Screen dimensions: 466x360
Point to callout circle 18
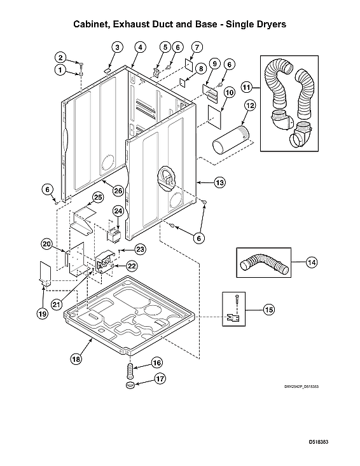tap(76, 359)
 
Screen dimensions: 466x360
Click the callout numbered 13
tap(219, 183)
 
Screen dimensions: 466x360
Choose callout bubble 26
tap(118, 190)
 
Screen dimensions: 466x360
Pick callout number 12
tap(251, 105)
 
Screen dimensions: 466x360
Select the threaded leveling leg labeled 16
tap(131, 368)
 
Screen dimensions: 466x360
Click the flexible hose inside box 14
tap(263, 262)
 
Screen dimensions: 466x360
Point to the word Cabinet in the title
tap(93, 24)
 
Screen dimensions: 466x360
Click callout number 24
tap(118, 210)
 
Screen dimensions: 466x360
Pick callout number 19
tap(42, 313)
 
